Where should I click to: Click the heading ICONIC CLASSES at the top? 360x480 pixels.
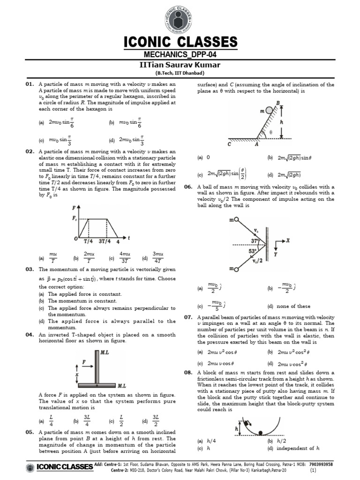[x=180, y=42]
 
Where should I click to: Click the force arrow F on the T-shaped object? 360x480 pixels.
[x=85, y=362]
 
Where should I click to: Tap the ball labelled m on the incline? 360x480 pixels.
[x=269, y=111]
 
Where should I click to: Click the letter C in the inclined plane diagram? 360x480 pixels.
[x=230, y=144]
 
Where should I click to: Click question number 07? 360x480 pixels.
[x=188, y=317]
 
